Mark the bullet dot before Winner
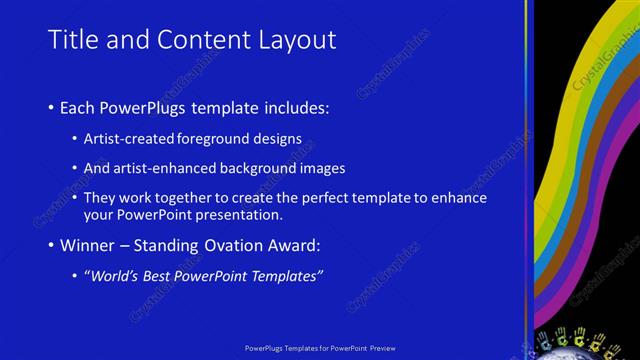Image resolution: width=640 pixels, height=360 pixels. coord(52,246)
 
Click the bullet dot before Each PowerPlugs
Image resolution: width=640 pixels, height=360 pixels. coord(52,107)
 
